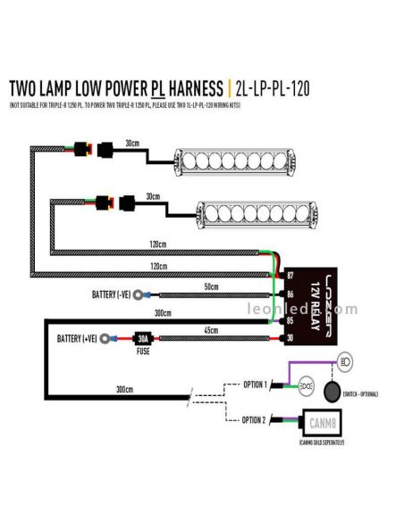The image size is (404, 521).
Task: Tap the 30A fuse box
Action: [142, 338]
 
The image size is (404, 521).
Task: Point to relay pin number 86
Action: [290, 293]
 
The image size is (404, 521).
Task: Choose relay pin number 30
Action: [290, 337]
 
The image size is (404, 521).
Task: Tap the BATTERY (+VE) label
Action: [78, 339]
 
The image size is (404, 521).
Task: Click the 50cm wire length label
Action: [211, 286]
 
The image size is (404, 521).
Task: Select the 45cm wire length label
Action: [211, 331]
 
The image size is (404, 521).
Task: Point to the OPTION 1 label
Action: [255, 385]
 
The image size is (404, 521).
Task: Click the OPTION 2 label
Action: [255, 418]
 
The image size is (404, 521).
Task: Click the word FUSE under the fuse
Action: [141, 351]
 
